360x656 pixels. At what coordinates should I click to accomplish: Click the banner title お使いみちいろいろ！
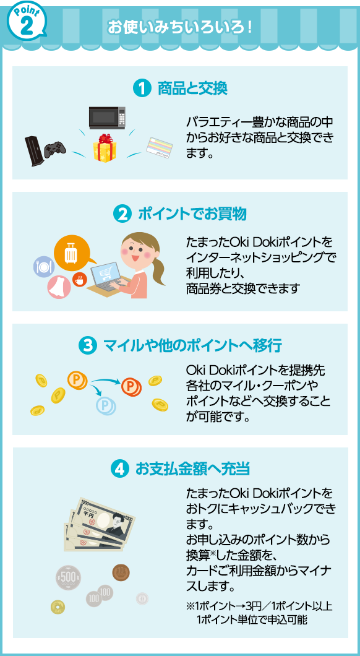point(180,28)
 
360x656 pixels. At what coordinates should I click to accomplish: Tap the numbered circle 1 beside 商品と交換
point(141,88)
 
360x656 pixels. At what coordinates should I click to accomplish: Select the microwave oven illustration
point(107,118)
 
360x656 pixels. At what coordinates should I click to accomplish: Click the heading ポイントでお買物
point(192,214)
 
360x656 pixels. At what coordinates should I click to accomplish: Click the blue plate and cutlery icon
point(43,267)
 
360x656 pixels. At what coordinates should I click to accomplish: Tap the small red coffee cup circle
point(78,280)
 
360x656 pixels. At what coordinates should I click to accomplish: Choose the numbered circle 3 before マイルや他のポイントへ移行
point(87,346)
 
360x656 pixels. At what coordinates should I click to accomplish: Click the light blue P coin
point(105,405)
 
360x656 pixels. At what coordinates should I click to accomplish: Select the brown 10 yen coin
point(121,572)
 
